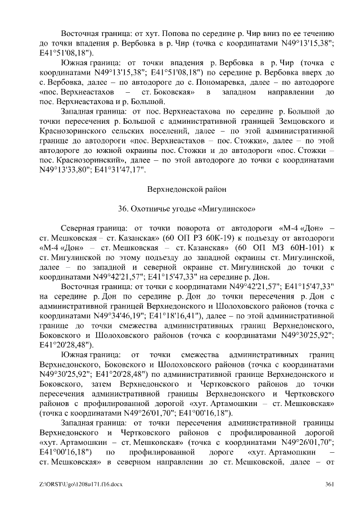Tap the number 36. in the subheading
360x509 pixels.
tap(124, 209)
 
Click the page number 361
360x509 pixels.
tap(330, 485)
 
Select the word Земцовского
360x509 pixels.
tap(305, 122)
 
